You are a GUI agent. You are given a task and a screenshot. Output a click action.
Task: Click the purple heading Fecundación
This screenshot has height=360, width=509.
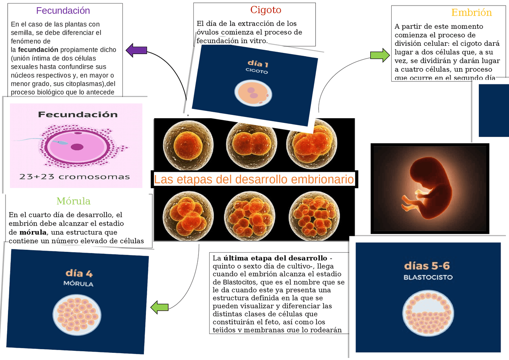coord(63,11)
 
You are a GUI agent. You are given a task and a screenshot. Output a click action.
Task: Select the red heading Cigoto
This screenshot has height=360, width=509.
coord(266,10)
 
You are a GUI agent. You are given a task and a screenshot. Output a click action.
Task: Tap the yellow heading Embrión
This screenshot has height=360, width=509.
coord(472,13)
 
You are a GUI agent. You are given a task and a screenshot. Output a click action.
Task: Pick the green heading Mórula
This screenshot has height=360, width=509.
coord(73,201)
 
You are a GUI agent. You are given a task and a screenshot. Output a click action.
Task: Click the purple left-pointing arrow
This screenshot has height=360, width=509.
coord(136,51)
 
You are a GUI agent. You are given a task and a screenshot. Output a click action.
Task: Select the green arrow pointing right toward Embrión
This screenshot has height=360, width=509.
coord(380,55)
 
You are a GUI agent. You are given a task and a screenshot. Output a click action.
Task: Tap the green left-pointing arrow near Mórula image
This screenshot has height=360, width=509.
coord(159,307)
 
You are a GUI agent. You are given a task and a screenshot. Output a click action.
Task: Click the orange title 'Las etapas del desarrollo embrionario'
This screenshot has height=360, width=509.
coord(254,179)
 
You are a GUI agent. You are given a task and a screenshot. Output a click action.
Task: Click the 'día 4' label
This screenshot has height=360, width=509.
coord(79,273)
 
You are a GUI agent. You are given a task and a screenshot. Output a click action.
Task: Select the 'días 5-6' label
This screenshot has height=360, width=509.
coord(427,266)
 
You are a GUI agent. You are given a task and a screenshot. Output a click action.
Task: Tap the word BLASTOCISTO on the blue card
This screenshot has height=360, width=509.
coord(428,277)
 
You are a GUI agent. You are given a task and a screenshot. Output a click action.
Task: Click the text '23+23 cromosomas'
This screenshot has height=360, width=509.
coord(75,177)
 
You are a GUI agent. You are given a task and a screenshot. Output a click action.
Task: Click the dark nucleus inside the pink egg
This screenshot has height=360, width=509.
coord(77,147)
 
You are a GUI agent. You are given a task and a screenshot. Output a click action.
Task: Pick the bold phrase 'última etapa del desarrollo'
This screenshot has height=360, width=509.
coord(275,258)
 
